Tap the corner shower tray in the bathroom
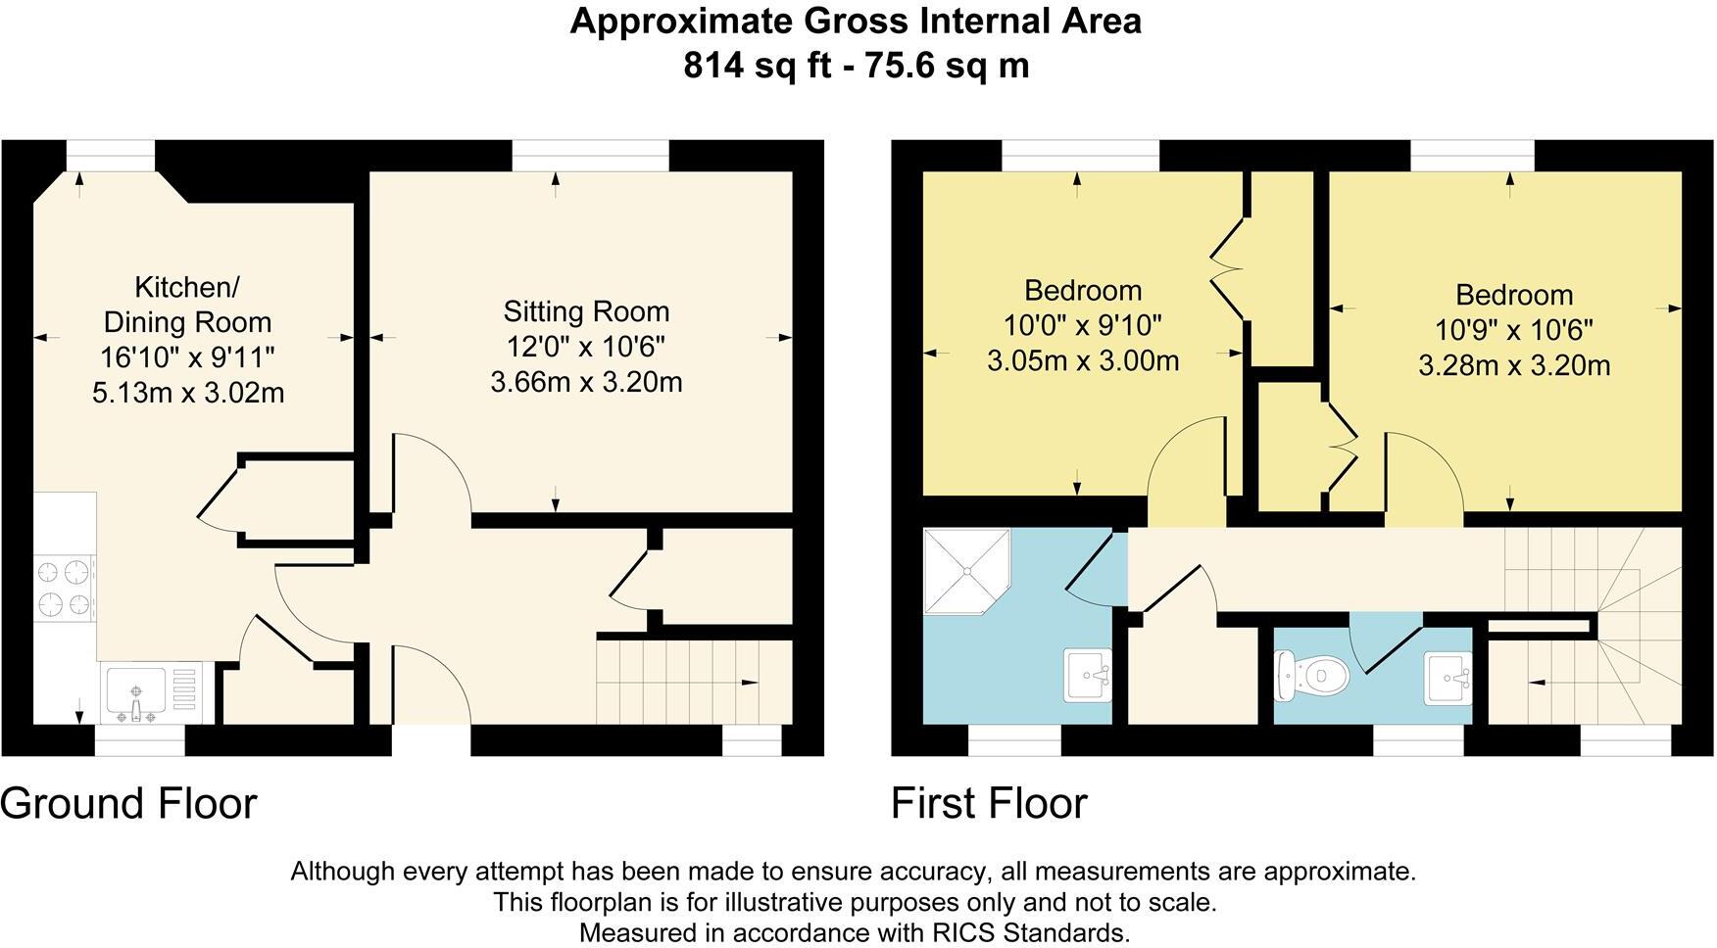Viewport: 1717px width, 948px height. point(964,570)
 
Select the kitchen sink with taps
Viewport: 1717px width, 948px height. point(137,690)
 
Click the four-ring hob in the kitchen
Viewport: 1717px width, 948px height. point(65,588)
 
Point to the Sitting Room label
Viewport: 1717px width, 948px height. point(586,311)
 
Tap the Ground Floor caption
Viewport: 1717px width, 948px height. point(128,803)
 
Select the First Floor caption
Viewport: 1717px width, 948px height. point(989,803)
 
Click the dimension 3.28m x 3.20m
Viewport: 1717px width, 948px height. point(1513,366)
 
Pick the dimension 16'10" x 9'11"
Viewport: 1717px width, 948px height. point(187,357)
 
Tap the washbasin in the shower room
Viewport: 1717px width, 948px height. point(1088,675)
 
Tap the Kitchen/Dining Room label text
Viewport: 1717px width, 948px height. point(187,305)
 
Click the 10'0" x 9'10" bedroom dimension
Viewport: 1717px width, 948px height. point(1082,325)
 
